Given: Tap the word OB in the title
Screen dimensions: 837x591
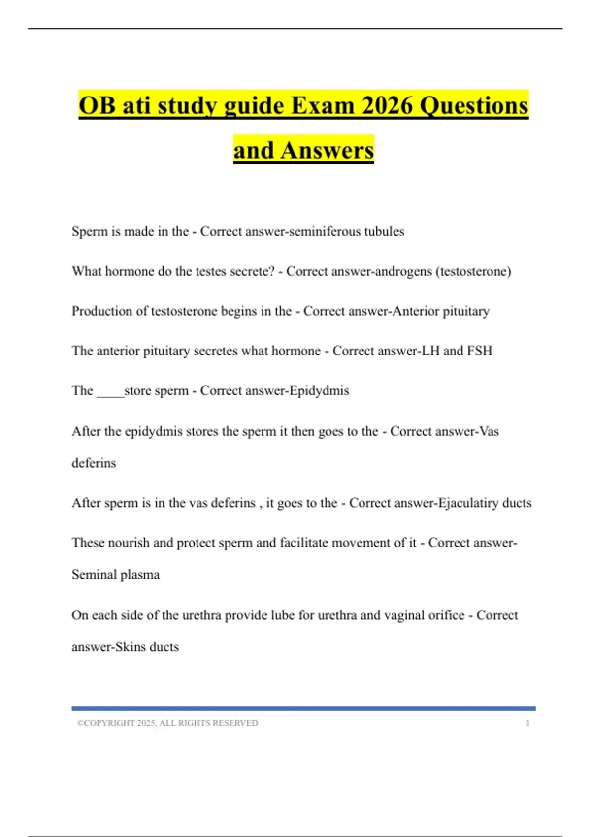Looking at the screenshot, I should [x=97, y=105].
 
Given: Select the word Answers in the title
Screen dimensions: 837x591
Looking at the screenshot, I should [x=327, y=150].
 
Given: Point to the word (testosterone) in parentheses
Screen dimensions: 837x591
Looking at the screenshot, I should [x=473, y=271].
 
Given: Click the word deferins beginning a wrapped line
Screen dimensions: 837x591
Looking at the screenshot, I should [x=94, y=463].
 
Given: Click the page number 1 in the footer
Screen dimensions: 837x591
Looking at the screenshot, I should [x=527, y=723].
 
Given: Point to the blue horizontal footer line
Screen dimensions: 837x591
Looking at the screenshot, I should [x=303, y=708].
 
